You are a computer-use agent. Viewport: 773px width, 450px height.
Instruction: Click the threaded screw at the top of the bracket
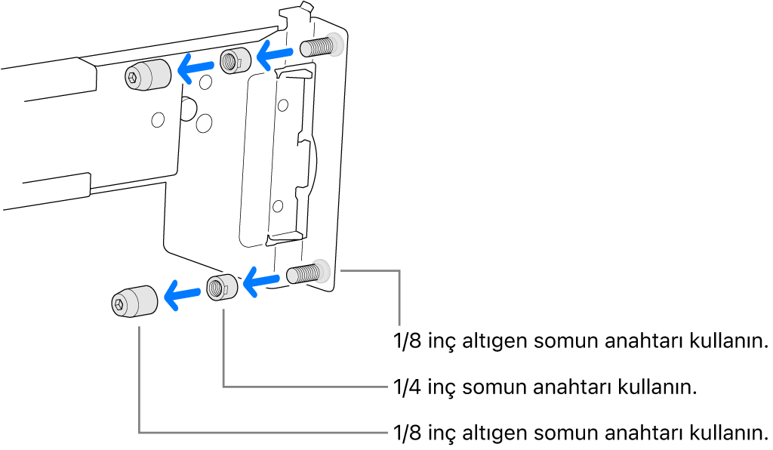319,48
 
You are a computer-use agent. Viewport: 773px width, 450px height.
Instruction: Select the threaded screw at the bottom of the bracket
306,273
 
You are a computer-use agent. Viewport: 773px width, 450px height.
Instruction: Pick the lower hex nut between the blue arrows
222,288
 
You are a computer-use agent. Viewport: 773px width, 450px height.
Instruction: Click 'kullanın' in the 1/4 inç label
656,387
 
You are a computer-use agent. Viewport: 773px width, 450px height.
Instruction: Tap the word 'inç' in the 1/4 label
440,387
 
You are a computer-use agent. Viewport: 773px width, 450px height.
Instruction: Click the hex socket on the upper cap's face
134,76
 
